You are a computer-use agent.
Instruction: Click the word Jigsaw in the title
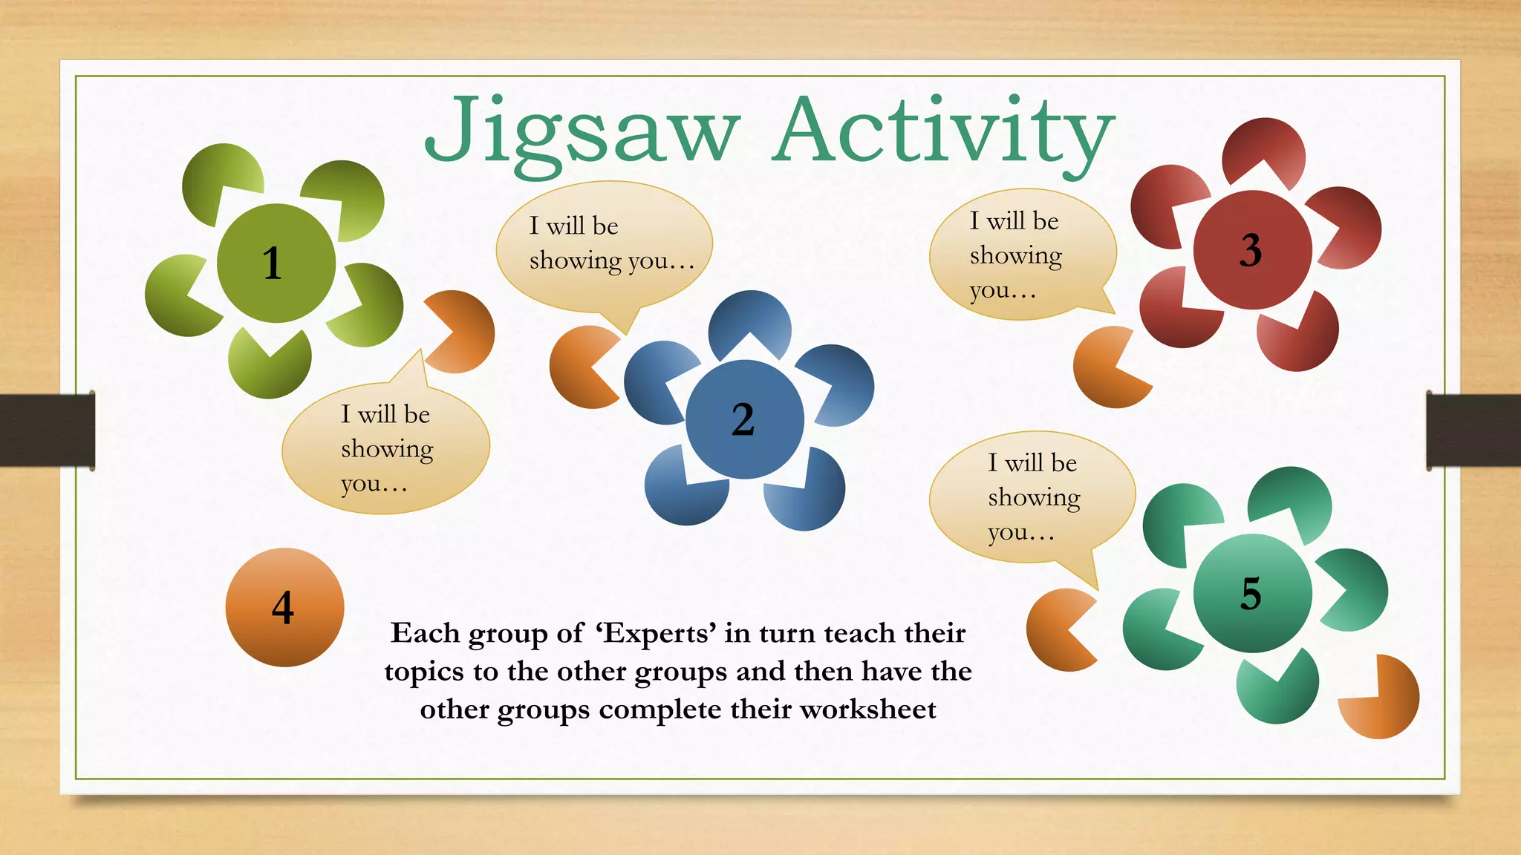582,132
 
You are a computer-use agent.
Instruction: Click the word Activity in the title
943,132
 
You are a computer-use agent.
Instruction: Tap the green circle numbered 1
276,263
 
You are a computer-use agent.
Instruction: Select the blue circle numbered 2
744,419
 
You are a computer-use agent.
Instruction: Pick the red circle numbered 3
1252,249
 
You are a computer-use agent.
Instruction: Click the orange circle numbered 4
284,607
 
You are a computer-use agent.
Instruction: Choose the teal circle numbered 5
1252,593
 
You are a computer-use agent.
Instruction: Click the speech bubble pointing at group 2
603,245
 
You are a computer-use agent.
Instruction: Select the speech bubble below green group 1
385,449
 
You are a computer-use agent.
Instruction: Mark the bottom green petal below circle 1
269,368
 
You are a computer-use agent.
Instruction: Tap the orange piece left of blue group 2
579,367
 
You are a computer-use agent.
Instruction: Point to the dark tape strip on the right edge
1473,430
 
